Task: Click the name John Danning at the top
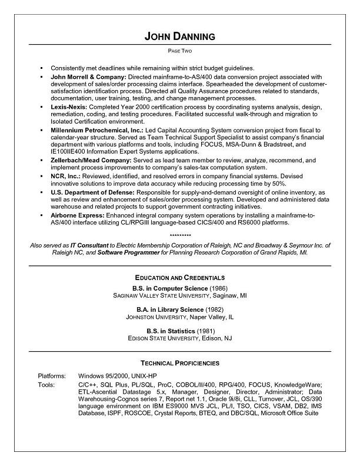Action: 179,36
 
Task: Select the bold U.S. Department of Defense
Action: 93,192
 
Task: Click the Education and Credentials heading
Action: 179,277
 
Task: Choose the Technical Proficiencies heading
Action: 179,363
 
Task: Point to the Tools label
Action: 46,385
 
